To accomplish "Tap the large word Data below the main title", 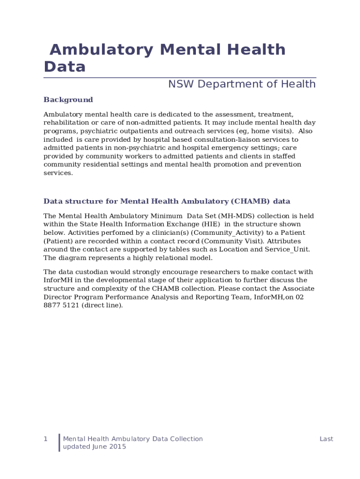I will (65, 67).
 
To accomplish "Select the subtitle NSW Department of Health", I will (242, 84).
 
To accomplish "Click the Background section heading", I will (68, 100).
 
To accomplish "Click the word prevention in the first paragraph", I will (280, 165).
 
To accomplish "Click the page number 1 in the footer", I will (45, 439).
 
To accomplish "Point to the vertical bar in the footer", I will (59, 443).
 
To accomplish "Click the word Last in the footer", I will (326, 439).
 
